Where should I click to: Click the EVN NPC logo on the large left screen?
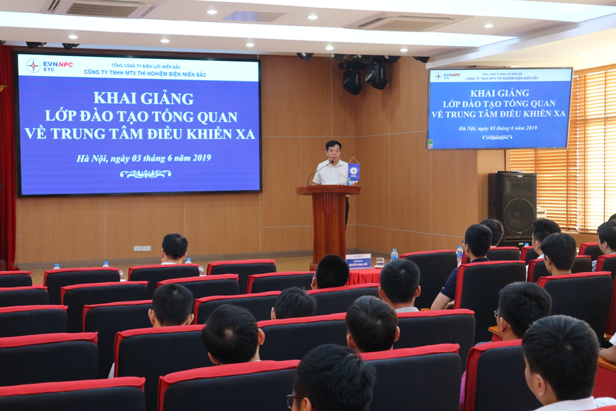[x=49, y=65]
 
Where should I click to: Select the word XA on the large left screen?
[x=244, y=134]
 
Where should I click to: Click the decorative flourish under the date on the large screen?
[x=145, y=174]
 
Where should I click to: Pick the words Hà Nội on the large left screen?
[x=92, y=158]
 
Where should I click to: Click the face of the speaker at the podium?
[x=333, y=151]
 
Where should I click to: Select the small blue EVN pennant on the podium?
[x=353, y=171]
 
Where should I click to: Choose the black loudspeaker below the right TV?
[x=513, y=204]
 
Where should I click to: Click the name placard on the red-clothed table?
[x=358, y=260]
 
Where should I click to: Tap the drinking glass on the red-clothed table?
[x=379, y=262]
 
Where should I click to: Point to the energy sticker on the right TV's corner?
[x=431, y=144]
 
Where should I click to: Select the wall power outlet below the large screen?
[x=142, y=248]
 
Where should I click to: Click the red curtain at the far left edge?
[x=7, y=158]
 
